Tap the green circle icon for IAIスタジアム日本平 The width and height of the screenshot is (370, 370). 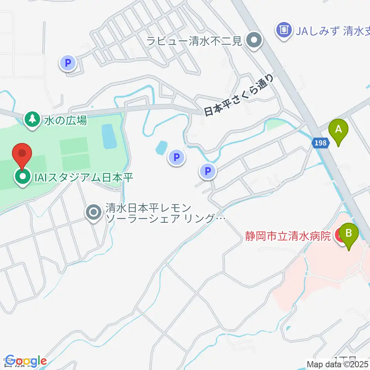point(22,177)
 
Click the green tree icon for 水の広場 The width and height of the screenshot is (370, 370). point(32,120)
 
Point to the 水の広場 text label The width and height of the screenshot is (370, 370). point(65,121)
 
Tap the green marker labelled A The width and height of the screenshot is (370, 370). point(338,131)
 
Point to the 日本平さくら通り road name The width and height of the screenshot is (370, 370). point(239,96)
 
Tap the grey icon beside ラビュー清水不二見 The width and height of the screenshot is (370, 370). point(254,40)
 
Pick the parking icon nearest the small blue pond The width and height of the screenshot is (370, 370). point(177,157)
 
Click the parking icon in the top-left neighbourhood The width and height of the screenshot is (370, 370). point(68,62)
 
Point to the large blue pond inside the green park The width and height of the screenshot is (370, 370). point(108,136)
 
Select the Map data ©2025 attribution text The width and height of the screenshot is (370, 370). point(338,363)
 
